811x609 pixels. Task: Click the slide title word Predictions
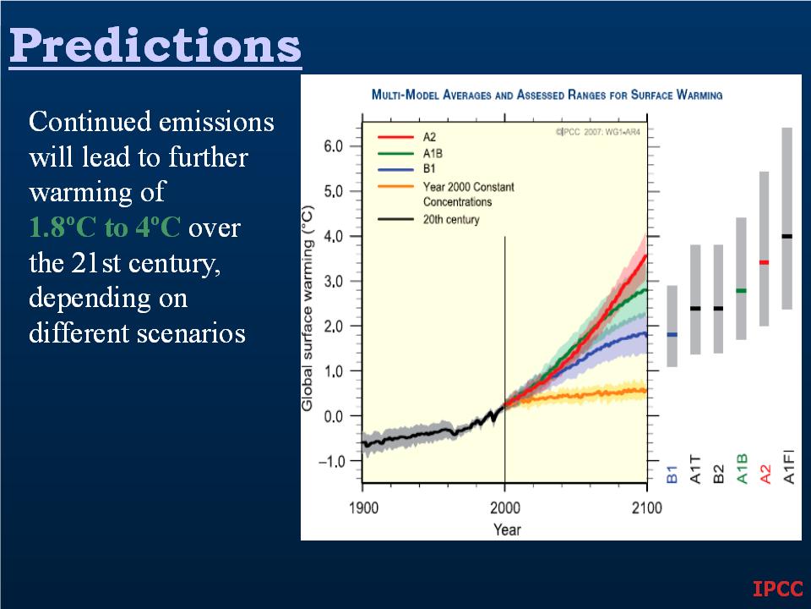pyautogui.click(x=155, y=45)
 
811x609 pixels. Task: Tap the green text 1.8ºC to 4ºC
pyautogui.click(x=105, y=227)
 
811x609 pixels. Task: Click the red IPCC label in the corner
pyautogui.click(x=778, y=589)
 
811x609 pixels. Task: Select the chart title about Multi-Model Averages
pyautogui.click(x=547, y=95)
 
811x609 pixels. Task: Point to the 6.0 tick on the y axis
pyautogui.click(x=334, y=146)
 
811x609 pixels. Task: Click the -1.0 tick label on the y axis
pyautogui.click(x=331, y=461)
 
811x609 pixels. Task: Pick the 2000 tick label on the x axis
pyautogui.click(x=505, y=507)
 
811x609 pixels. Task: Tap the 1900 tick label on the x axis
pyautogui.click(x=363, y=507)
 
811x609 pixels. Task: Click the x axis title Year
pyautogui.click(x=507, y=529)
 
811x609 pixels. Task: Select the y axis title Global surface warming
pyautogui.click(x=308, y=309)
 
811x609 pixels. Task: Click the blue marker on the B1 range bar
pyautogui.click(x=672, y=335)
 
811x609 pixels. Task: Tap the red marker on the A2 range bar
pyautogui.click(x=764, y=262)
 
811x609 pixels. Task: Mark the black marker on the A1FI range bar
pyautogui.click(x=787, y=236)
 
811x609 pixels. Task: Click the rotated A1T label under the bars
pyautogui.click(x=695, y=469)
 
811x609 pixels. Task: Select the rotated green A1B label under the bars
pyautogui.click(x=742, y=469)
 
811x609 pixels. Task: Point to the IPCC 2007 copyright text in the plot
pyautogui.click(x=598, y=132)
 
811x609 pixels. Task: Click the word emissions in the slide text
pyautogui.click(x=216, y=122)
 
